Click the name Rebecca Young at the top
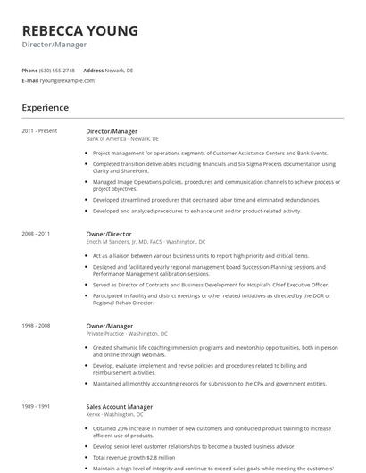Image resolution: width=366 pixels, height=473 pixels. (80, 31)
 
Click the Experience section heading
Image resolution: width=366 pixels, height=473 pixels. (45, 107)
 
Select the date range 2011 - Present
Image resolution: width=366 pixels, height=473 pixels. (39, 131)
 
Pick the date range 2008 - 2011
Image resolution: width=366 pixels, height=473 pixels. (37, 234)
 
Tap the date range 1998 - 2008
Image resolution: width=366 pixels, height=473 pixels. (37, 326)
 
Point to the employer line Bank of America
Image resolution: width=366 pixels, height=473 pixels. (122, 139)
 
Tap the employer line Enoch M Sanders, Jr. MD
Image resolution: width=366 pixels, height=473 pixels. (146, 242)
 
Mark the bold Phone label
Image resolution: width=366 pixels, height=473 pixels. (29, 70)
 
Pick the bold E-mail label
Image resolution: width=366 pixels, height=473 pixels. (30, 80)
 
